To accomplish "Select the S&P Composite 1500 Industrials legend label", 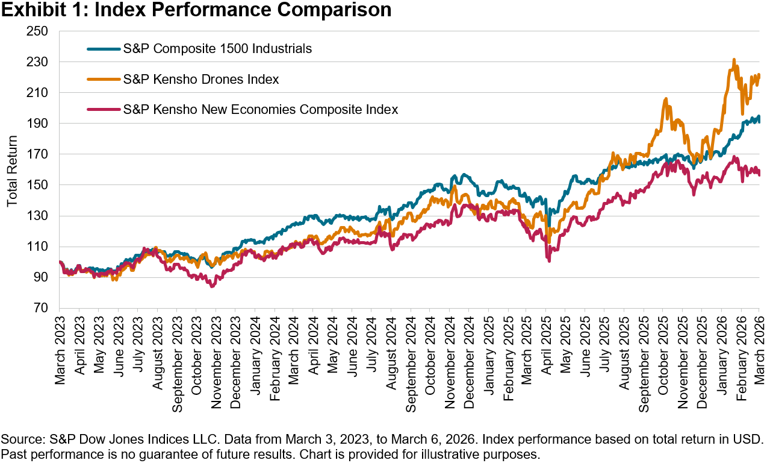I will [217, 49].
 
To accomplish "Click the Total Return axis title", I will [13, 169].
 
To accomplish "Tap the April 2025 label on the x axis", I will [548, 347].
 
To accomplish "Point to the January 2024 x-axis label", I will [255, 349].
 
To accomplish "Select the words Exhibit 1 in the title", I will [37, 10].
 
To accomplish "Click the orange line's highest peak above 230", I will [734, 60].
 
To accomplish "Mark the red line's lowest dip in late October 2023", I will [211, 286].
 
